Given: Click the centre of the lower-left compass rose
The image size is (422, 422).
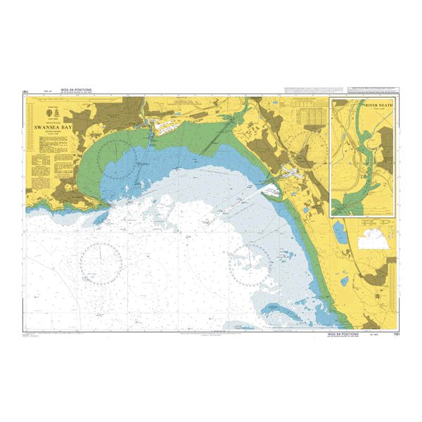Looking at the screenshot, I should [102, 261].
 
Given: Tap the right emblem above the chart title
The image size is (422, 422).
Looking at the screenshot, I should [57, 113].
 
